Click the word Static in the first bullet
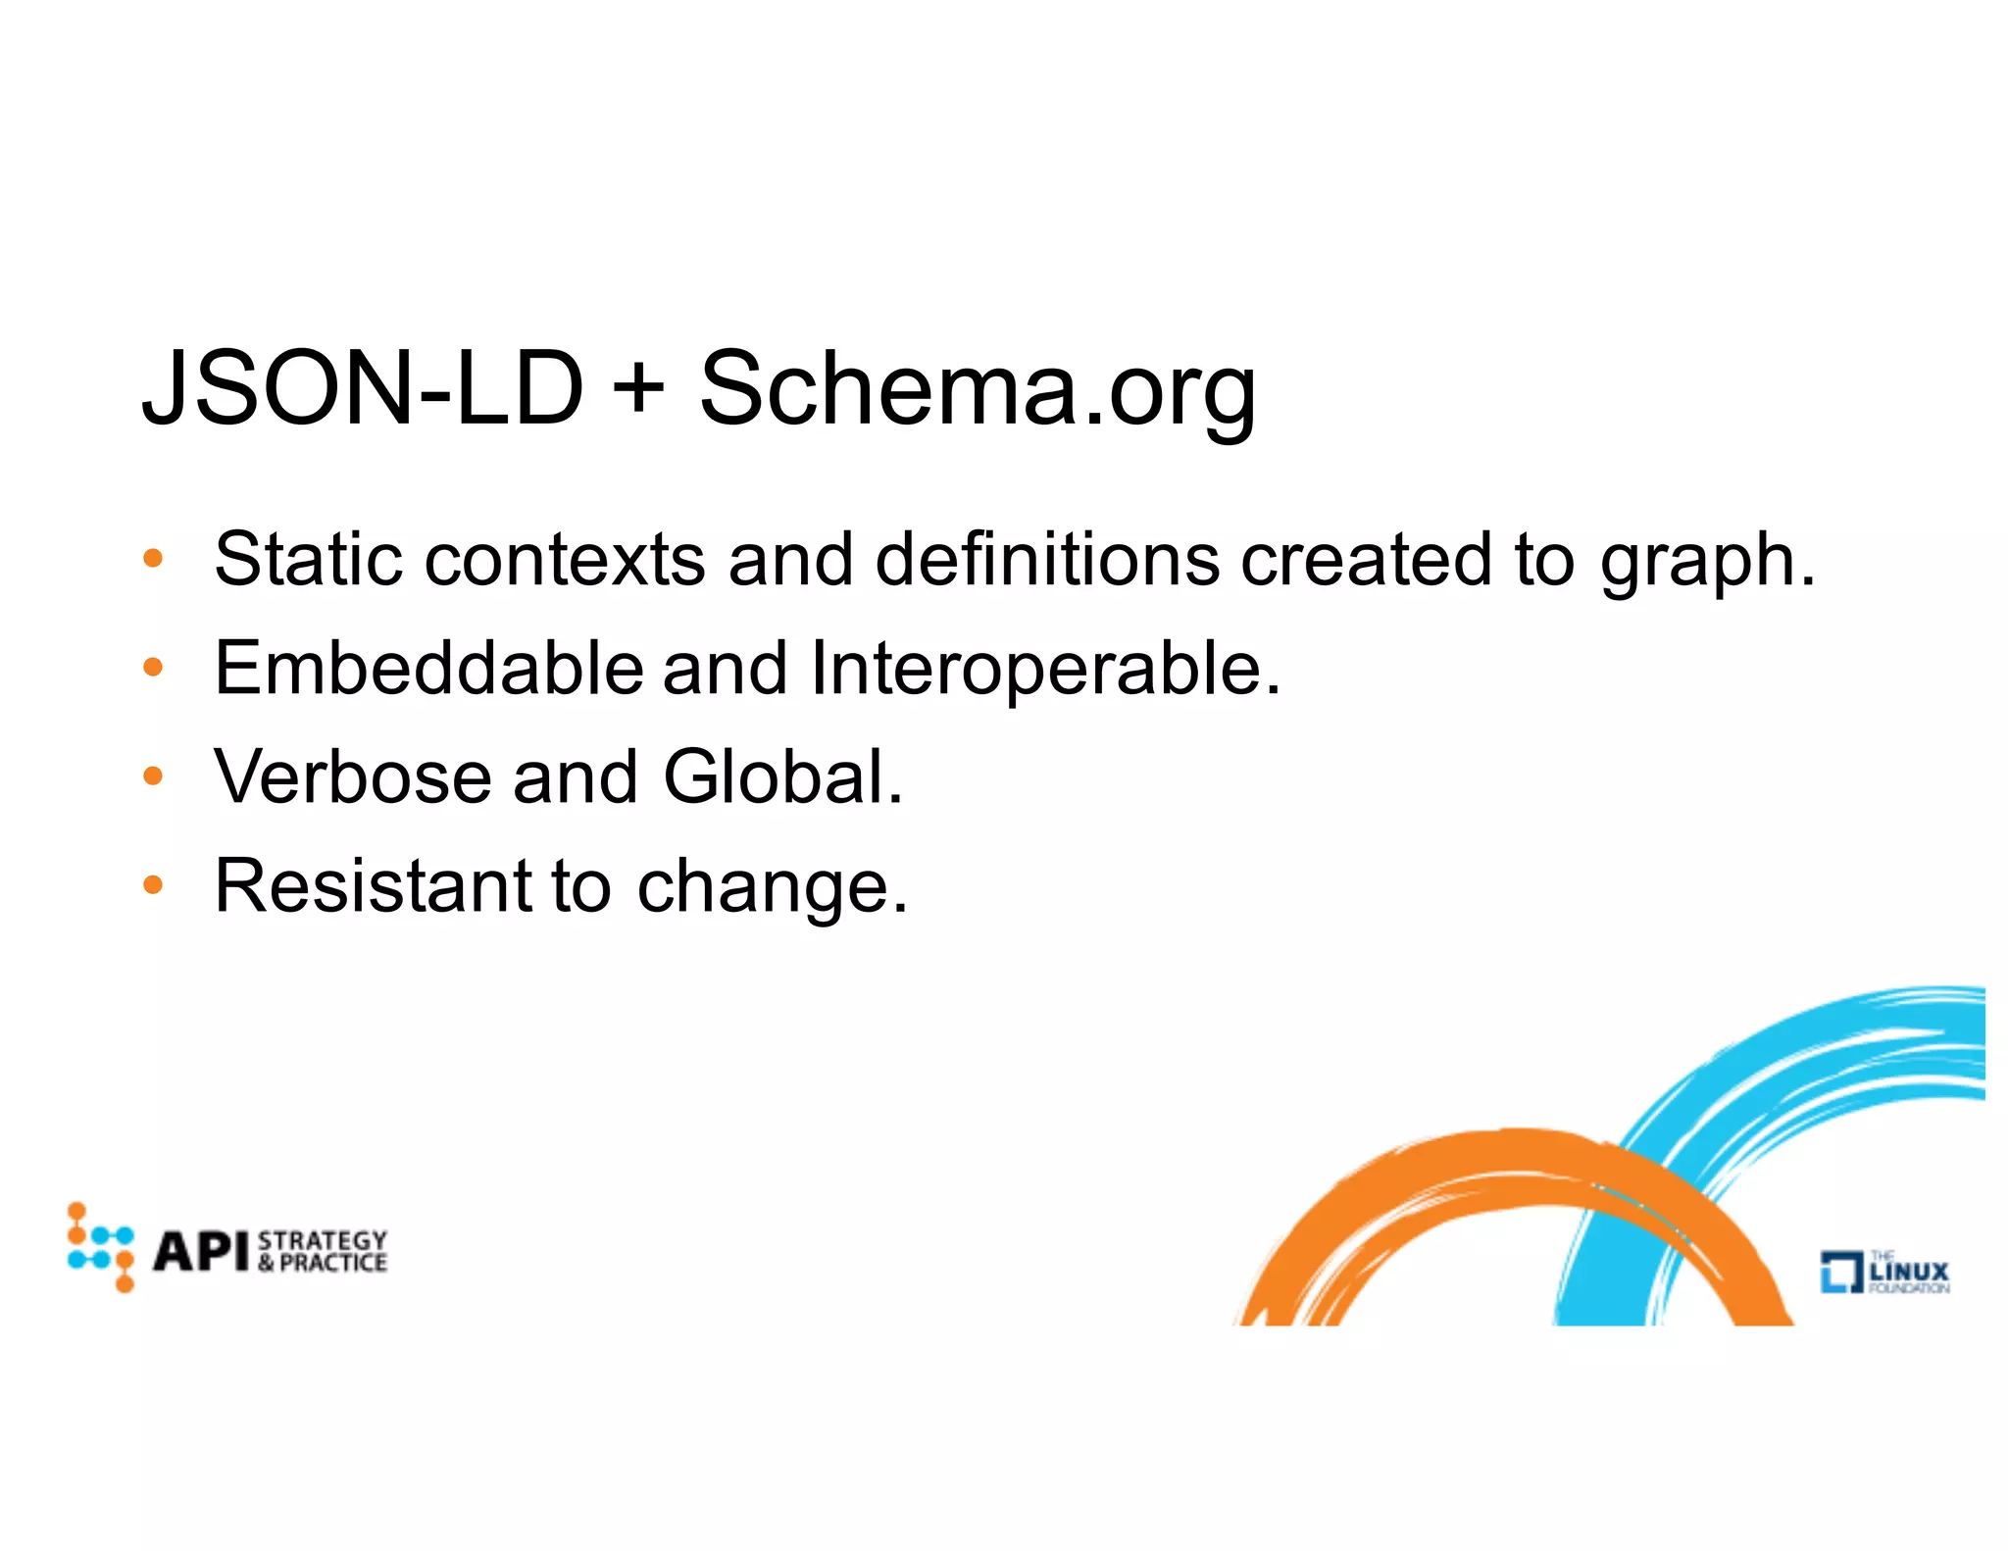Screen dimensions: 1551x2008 [x=309, y=559]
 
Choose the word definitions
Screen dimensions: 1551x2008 [x=1046, y=559]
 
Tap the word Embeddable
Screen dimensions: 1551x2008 [x=428, y=668]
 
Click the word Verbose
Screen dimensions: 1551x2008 [x=352, y=776]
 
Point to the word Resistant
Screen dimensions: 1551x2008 [x=372, y=885]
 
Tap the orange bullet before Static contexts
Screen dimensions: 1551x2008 [x=153, y=559]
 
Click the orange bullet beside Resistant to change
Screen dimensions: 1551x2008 [x=153, y=885]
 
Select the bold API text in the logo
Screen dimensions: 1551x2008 [x=201, y=1251]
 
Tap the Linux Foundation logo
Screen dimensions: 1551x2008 [x=1884, y=1272]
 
